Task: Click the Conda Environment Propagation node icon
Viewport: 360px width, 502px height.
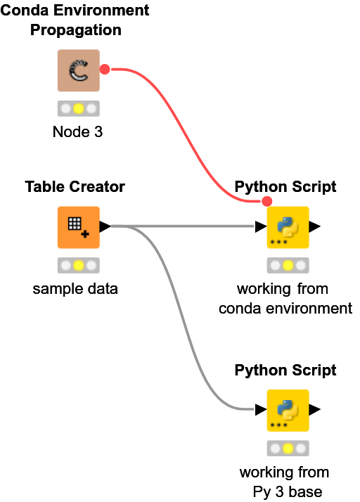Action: (x=79, y=70)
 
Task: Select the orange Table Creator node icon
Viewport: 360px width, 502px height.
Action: (x=79, y=227)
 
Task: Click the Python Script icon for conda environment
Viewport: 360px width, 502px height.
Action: (x=288, y=227)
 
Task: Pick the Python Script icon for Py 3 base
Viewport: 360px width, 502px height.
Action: (x=288, y=411)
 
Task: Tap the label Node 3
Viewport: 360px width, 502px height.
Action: (x=77, y=131)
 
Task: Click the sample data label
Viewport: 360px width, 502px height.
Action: (x=75, y=289)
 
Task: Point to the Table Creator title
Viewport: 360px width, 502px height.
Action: (x=75, y=186)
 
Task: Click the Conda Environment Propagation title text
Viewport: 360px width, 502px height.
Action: (x=75, y=20)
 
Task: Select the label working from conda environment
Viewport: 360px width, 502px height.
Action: (x=285, y=298)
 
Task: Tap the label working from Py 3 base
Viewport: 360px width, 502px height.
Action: (x=285, y=482)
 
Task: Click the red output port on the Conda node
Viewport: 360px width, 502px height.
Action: (x=105, y=69)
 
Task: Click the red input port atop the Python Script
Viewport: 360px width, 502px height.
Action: (x=266, y=201)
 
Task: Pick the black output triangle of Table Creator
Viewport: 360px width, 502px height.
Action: (x=105, y=226)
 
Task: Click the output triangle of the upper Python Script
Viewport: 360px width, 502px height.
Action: (x=314, y=226)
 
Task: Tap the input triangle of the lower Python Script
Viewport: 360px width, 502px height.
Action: (x=261, y=409)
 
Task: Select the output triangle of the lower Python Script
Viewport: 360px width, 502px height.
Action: (x=314, y=409)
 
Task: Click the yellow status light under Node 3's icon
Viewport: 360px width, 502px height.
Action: (x=79, y=108)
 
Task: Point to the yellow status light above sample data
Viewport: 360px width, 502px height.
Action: (x=79, y=265)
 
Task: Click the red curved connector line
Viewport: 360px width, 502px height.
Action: (x=186, y=136)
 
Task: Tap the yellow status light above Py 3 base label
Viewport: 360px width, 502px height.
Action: (x=288, y=449)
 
